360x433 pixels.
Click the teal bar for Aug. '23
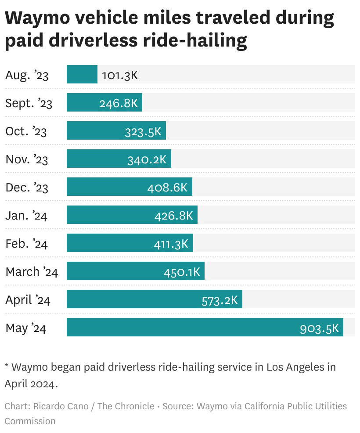[x=82, y=74]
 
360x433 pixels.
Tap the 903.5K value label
[x=319, y=328]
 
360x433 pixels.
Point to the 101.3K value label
[x=120, y=75]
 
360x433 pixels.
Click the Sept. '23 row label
[x=29, y=103]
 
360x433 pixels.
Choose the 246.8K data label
[x=119, y=103]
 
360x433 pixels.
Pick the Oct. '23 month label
[x=26, y=131]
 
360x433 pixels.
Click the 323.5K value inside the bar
[x=143, y=131]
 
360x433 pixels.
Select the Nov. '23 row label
[x=26, y=159]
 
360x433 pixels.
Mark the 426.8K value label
[x=173, y=216]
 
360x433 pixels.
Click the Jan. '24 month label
[x=26, y=216]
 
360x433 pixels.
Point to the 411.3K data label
[x=171, y=244]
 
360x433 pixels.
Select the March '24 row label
[x=32, y=272]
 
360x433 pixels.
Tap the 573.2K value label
[x=220, y=300]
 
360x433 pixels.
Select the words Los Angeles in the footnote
[x=295, y=367]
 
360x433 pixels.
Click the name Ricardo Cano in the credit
[x=60, y=406]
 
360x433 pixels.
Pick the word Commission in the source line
[x=30, y=421]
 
